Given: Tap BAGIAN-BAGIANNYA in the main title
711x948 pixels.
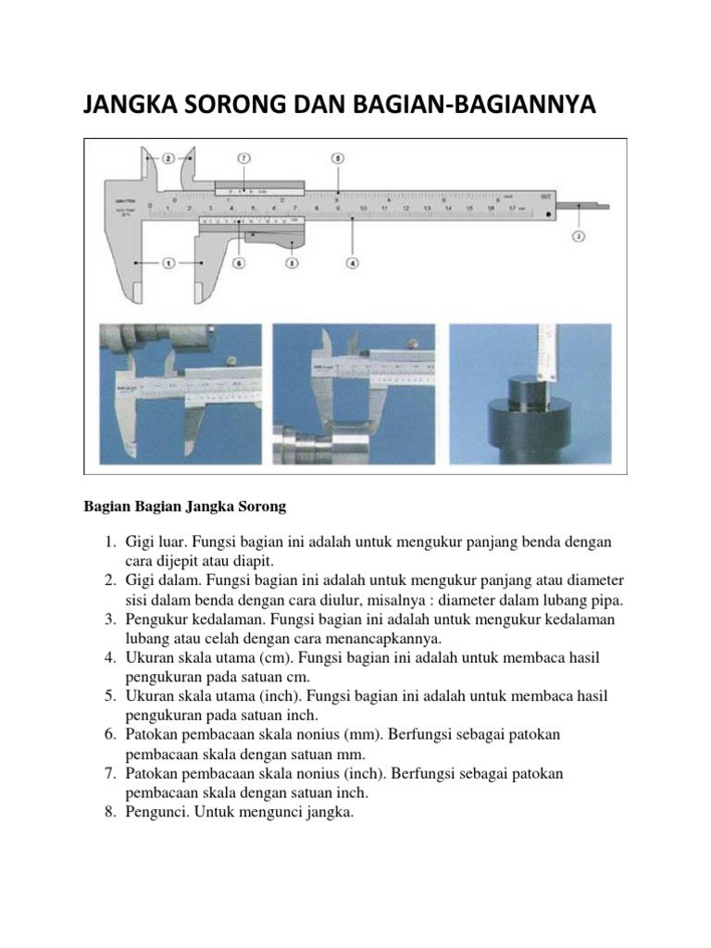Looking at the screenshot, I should click(x=480, y=105).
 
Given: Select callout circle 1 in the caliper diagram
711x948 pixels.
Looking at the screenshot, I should click(x=168, y=264).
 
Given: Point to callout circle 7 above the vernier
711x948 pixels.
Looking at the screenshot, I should click(x=244, y=158).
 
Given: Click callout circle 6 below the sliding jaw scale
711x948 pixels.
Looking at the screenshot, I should click(x=239, y=263).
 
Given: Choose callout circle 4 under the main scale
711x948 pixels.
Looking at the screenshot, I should click(x=352, y=263).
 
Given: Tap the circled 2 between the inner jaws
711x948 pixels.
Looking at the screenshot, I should click(x=168, y=158).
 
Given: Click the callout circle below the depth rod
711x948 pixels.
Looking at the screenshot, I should click(x=578, y=236).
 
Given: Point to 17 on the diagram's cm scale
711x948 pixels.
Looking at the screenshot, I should click(x=513, y=209).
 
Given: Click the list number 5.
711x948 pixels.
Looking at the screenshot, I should click(x=108, y=695).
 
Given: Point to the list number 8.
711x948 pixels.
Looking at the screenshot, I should click(x=108, y=812).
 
